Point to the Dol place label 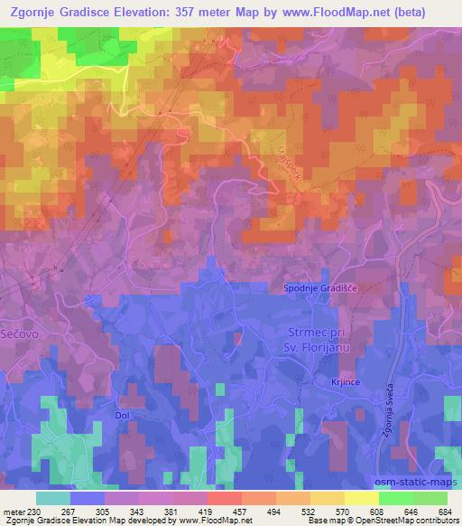123,415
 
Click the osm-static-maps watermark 414,480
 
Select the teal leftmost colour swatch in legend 53,498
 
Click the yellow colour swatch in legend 361,498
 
